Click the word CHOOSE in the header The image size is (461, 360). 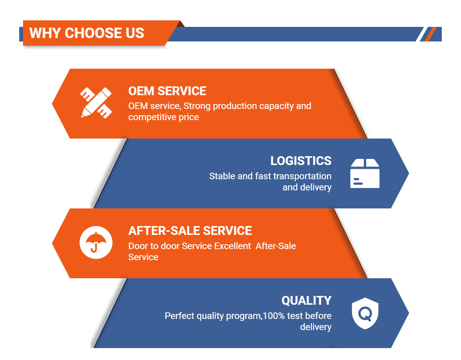pos(93,33)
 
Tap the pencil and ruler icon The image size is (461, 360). pos(96,102)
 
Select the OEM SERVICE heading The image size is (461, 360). pos(167,91)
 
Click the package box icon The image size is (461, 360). pos(365,173)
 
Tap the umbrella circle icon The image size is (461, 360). pos(96,243)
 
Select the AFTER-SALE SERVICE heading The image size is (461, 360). pos(190,231)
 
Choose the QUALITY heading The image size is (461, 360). pos(306,301)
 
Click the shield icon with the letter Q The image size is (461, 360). pos(365,314)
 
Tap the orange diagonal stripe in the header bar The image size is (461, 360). pos(430,34)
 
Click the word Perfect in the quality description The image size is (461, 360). pos(179,316)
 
